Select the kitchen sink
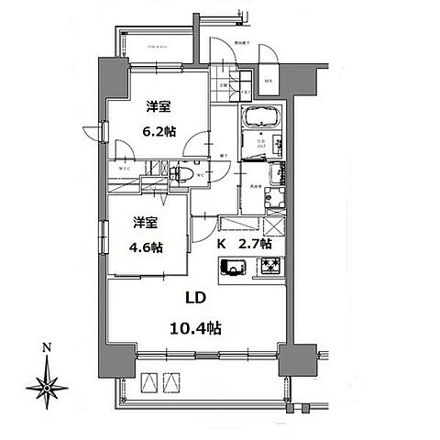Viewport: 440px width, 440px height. pyautogui.click(x=232, y=269)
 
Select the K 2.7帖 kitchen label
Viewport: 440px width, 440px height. pyautogui.click(x=244, y=245)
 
